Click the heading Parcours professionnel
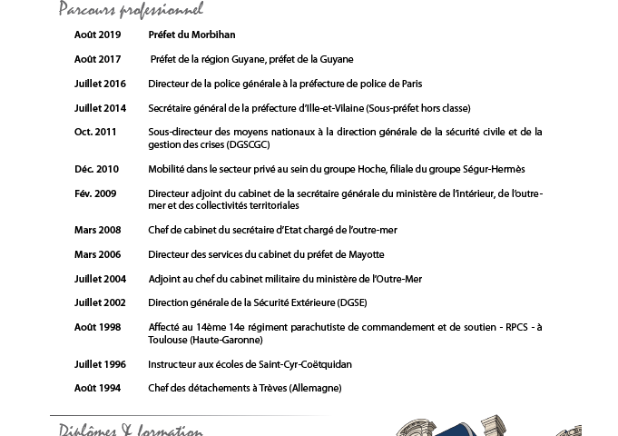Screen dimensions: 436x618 point(131,10)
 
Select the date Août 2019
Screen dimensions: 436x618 point(97,35)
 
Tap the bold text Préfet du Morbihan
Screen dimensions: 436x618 point(191,35)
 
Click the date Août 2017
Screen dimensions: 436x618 point(97,59)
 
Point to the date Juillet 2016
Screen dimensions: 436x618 point(100,84)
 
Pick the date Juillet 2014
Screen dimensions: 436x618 point(100,108)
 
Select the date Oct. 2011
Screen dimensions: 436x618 point(95,132)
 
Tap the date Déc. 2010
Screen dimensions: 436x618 point(96,169)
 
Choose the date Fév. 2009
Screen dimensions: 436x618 point(95,193)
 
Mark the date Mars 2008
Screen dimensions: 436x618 point(97,230)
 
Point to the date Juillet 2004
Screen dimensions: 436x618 point(100,279)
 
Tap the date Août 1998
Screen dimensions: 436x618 point(97,327)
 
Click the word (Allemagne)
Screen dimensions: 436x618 point(309,388)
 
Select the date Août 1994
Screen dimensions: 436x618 point(97,388)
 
